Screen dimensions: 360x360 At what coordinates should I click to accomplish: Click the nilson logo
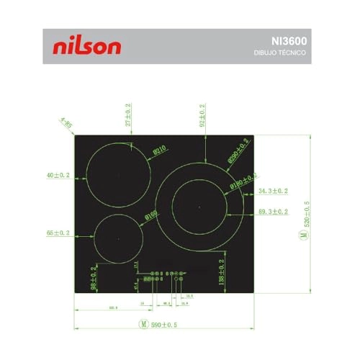click(87, 47)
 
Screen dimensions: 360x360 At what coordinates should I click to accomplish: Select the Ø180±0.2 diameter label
click(245, 181)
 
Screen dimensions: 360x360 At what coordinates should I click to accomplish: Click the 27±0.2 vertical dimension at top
click(128, 115)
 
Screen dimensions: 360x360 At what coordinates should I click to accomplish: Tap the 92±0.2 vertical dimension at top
click(202, 115)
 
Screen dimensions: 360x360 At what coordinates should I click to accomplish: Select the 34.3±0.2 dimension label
click(273, 191)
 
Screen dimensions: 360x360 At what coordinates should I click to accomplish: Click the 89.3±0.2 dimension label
click(273, 212)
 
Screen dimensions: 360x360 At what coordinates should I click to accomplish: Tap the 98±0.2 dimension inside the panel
click(93, 277)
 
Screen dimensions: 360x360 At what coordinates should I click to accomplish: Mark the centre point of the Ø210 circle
click(118, 175)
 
